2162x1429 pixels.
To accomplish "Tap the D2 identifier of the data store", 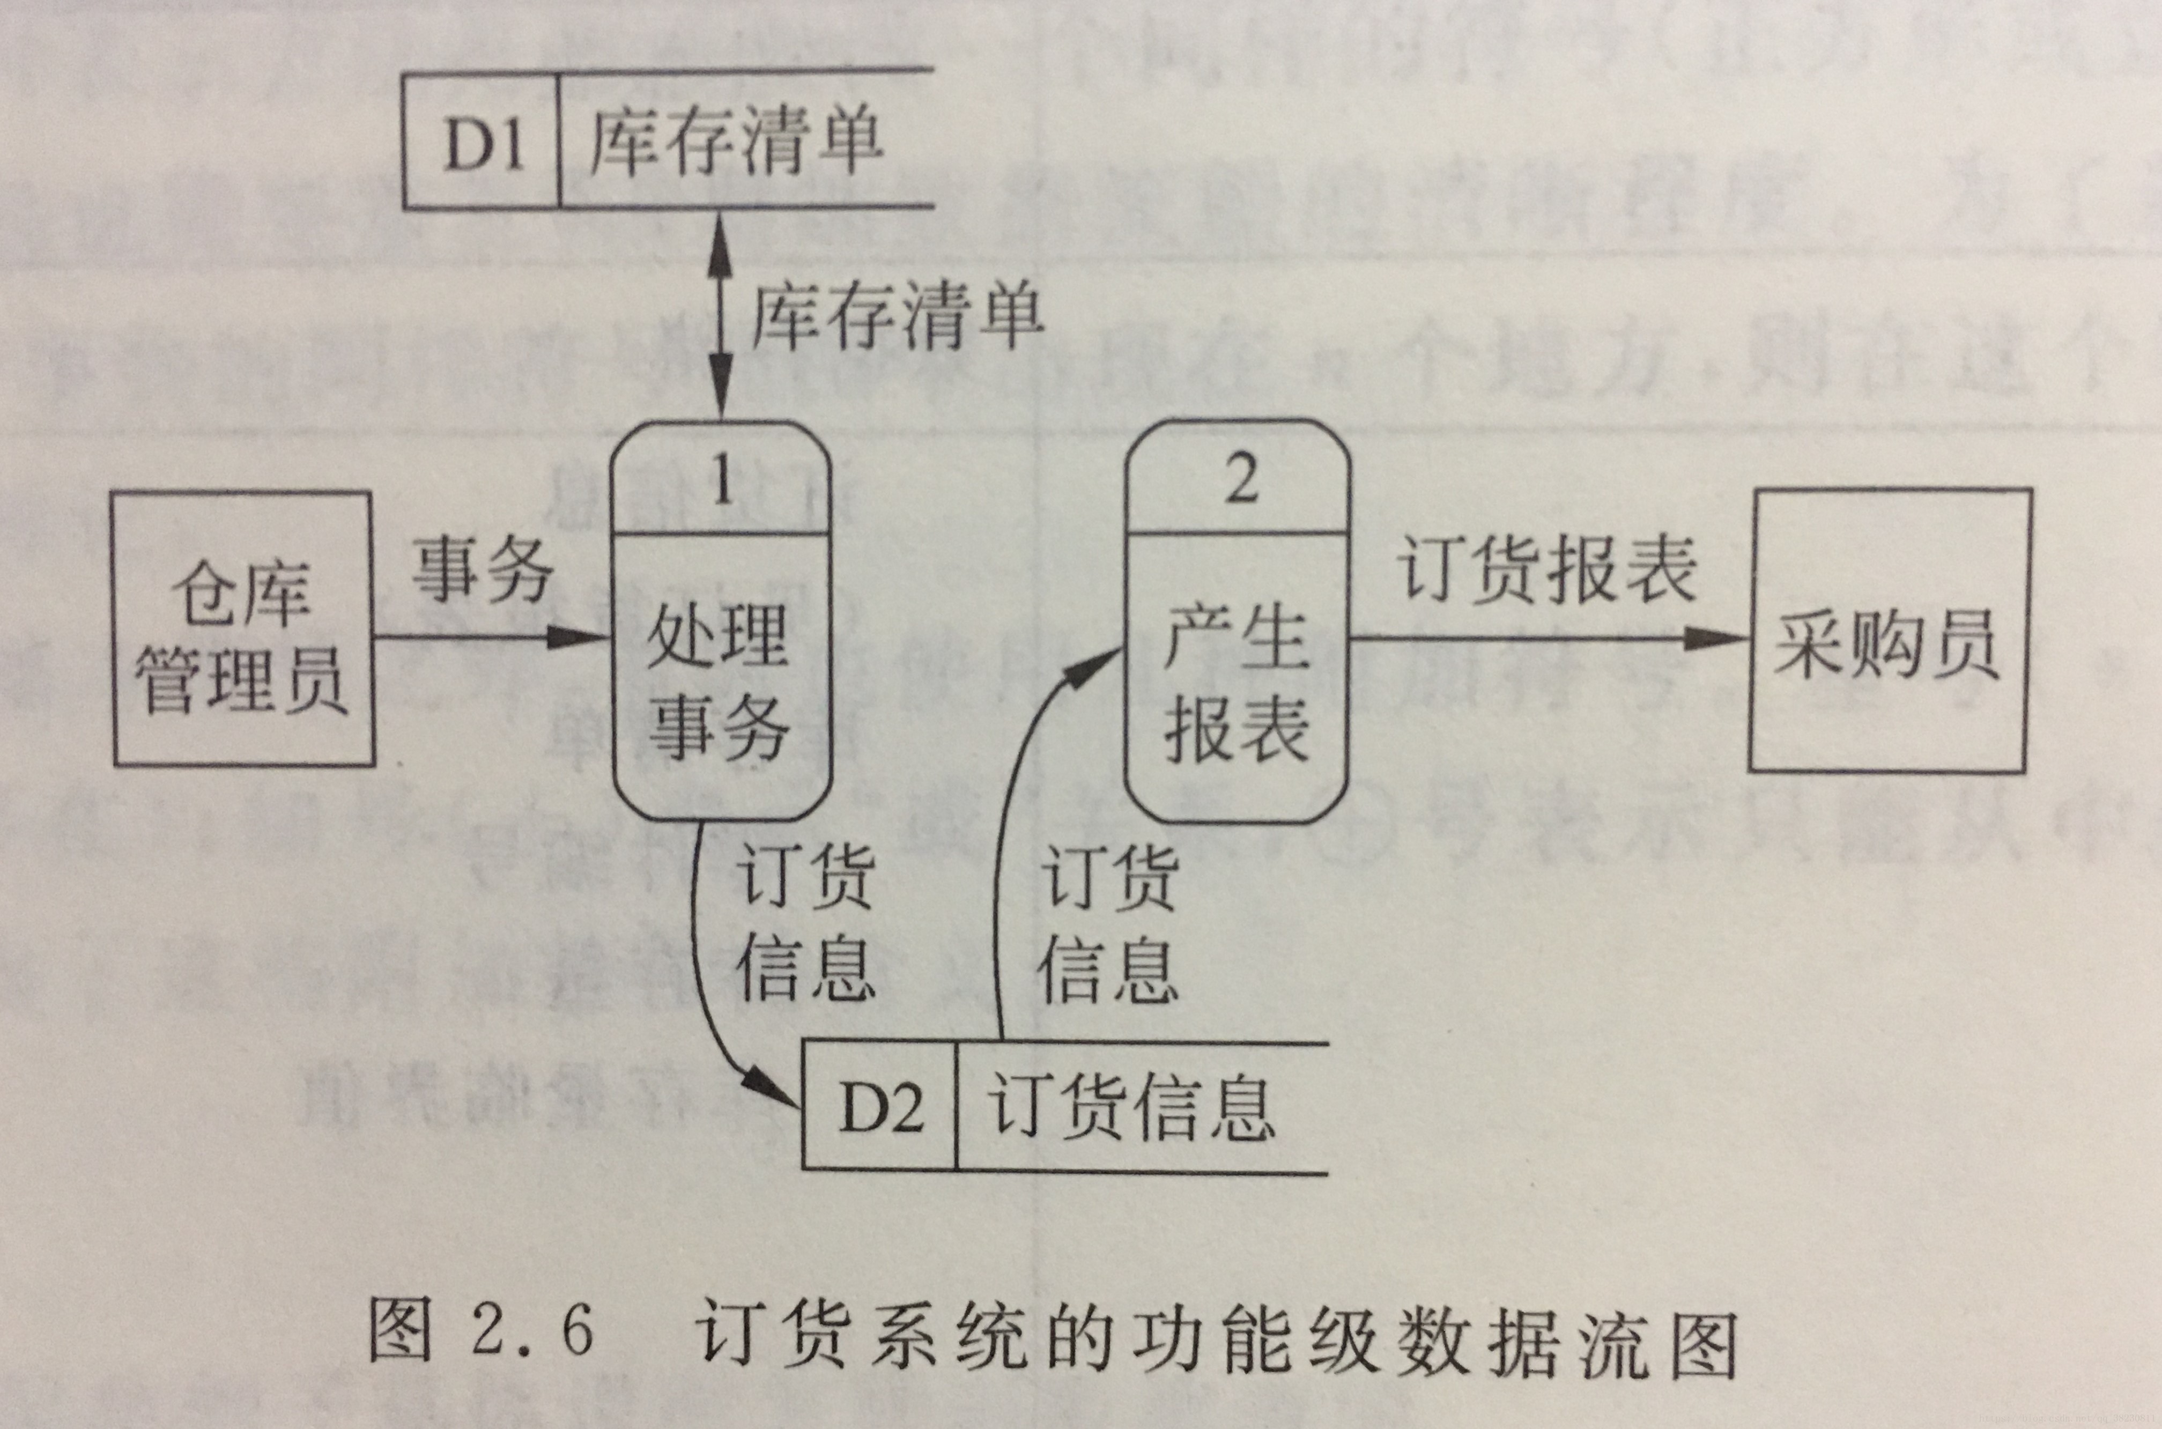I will click(x=880, y=1109).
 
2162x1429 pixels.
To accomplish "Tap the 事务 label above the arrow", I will click(x=483, y=569).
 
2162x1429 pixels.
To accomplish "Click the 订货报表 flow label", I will click(x=1547, y=569).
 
